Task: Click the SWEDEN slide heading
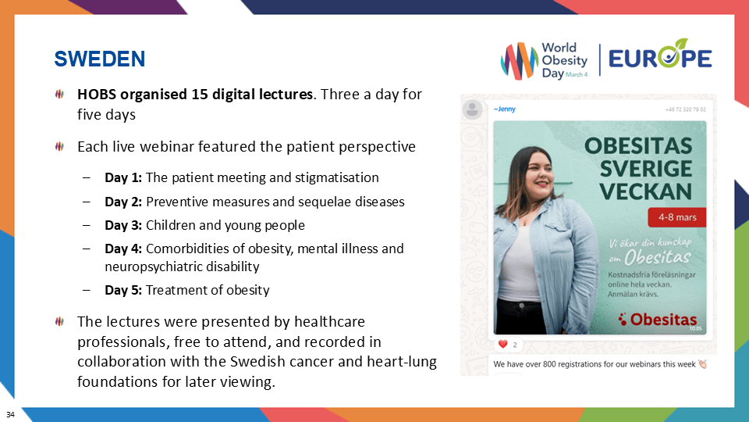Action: coord(99,59)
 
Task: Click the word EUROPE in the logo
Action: coord(659,58)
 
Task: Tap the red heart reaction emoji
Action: coord(502,344)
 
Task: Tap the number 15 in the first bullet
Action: coord(199,95)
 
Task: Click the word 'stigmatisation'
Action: coord(338,177)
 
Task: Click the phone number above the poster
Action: coord(686,109)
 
